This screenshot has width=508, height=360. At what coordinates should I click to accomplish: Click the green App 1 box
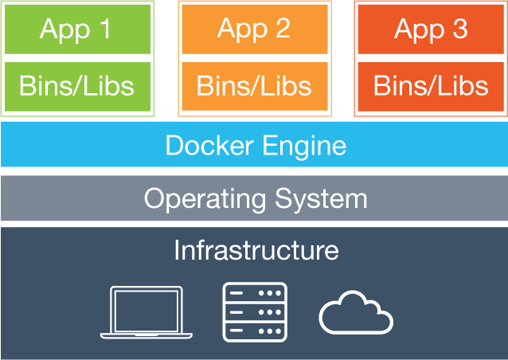point(76,29)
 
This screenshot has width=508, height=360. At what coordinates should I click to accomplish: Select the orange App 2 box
point(254,29)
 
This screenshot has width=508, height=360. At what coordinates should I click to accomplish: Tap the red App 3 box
point(431,29)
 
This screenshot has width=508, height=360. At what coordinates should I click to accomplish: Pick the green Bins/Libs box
point(76,85)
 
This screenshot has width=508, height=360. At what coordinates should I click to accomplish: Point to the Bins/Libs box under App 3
point(431,84)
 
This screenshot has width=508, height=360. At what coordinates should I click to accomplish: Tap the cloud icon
point(355,315)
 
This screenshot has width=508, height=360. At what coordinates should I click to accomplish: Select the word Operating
point(205,198)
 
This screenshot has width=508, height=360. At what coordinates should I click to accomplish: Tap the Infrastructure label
point(256,250)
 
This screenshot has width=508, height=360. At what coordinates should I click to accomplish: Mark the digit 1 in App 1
point(104,29)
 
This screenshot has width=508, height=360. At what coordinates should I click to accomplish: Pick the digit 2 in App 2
point(282,29)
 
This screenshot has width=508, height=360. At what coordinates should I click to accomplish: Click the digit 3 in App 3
point(459,29)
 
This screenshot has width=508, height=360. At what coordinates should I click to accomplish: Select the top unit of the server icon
point(254,293)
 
